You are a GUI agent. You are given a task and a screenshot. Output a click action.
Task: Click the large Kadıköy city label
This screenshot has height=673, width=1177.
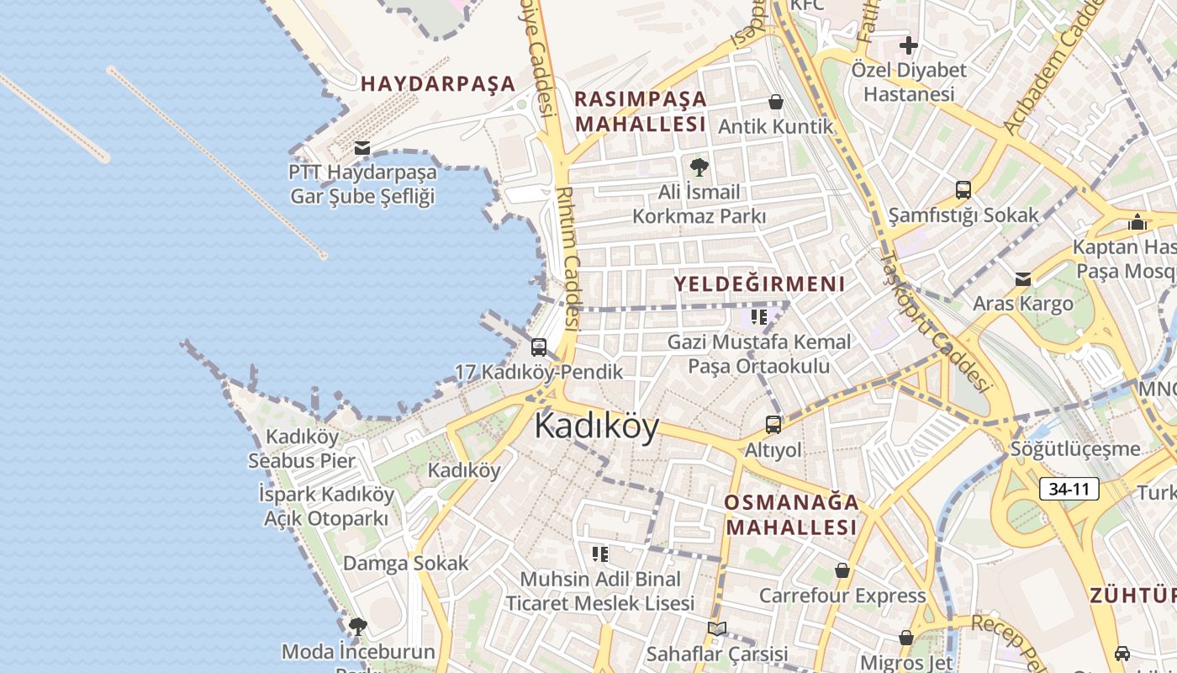(597, 426)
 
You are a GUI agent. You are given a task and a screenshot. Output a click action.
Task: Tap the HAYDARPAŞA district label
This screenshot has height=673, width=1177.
(438, 84)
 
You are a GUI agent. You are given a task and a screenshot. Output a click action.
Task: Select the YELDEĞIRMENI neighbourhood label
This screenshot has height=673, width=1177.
(759, 284)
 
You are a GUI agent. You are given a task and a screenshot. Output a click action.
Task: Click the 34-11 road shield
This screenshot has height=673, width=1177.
(1069, 489)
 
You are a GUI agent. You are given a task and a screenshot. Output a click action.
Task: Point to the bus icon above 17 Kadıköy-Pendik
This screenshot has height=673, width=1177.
(539, 347)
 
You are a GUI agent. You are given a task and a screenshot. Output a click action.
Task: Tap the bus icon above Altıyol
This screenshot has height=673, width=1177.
(773, 425)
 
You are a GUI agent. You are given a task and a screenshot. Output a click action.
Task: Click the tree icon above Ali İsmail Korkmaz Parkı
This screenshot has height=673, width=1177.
(699, 167)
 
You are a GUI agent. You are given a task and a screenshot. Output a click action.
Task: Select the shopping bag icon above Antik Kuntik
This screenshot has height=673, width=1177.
(776, 102)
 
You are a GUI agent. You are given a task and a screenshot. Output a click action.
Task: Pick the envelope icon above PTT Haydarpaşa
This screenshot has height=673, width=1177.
(362, 148)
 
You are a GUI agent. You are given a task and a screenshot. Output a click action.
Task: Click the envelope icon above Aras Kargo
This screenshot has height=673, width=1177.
(1023, 279)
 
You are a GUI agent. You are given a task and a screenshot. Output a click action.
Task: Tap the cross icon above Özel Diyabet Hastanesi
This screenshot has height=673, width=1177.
(909, 45)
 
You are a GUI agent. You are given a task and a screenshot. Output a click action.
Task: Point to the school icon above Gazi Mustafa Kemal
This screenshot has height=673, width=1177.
(759, 317)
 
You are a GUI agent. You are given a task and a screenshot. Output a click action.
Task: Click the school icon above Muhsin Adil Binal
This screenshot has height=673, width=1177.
(600, 554)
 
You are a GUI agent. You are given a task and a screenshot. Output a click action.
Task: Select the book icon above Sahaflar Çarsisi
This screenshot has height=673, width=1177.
(716, 628)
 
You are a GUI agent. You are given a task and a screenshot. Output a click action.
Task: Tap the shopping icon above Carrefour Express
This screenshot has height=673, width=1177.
(842, 570)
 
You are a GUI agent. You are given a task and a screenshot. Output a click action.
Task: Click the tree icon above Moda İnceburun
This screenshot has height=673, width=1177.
(358, 626)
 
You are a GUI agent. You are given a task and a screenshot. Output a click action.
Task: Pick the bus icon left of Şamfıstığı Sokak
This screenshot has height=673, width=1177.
(963, 190)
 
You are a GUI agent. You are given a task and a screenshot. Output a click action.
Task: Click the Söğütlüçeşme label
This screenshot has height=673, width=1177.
(1075, 448)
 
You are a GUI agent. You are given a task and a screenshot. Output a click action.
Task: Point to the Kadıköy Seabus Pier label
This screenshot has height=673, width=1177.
(302, 448)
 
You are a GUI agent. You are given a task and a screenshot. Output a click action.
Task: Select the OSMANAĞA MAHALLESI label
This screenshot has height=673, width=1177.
(792, 515)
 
